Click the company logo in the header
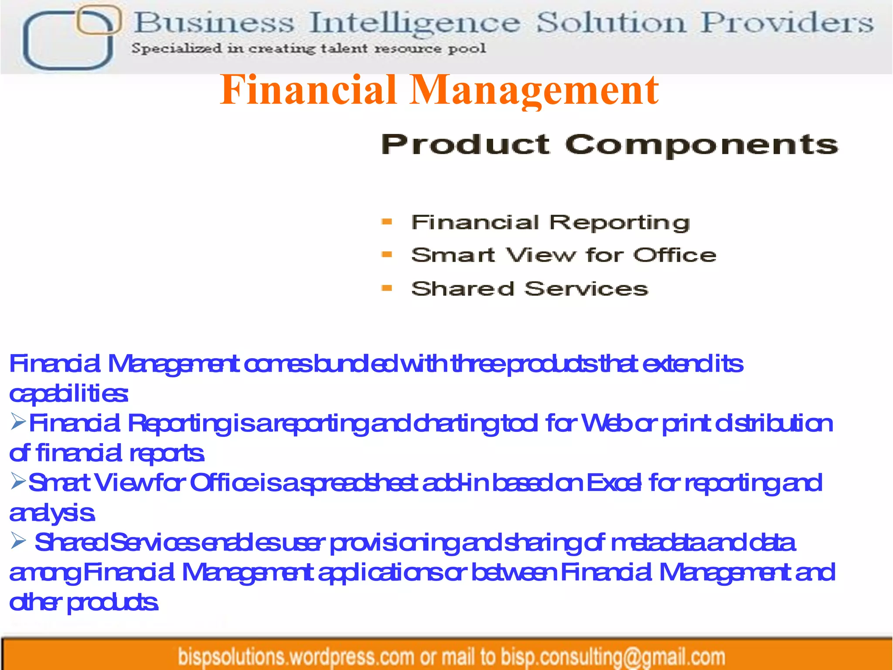(x=70, y=38)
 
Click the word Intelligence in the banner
(x=414, y=23)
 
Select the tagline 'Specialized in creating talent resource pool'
(x=309, y=48)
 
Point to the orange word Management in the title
(x=535, y=90)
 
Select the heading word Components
(x=702, y=145)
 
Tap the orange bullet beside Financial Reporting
(x=387, y=222)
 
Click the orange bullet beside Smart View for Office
(x=387, y=255)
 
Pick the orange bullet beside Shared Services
(x=387, y=288)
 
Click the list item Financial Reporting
(x=550, y=222)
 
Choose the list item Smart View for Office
(x=563, y=255)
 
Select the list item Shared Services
(x=529, y=289)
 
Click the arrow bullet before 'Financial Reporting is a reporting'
(x=19, y=422)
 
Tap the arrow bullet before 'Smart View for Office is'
(x=19, y=481)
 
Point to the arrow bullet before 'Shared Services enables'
(x=19, y=541)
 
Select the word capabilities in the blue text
(x=68, y=394)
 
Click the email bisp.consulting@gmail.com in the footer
(x=613, y=657)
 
